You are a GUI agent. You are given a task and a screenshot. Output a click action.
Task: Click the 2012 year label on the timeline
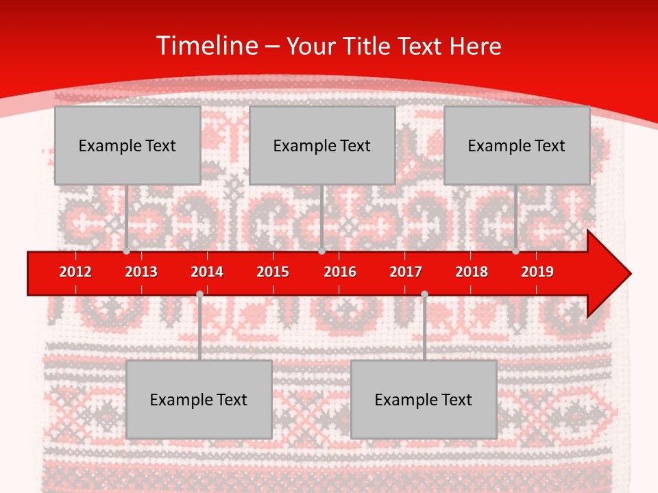tap(75, 272)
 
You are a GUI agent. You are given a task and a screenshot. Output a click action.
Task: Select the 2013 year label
tap(141, 272)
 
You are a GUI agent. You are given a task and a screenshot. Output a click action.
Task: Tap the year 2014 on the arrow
tap(207, 272)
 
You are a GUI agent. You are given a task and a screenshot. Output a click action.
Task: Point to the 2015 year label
tap(273, 272)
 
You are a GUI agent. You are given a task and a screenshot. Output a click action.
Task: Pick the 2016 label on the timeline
tap(340, 272)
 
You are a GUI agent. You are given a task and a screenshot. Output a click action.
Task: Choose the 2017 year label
tap(406, 272)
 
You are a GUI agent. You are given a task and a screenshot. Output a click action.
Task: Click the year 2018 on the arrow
tap(472, 272)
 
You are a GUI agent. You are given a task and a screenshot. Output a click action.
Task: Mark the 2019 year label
tap(537, 272)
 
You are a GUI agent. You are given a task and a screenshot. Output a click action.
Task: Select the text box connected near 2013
tap(127, 145)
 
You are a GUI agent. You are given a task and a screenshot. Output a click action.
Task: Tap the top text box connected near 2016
tap(322, 145)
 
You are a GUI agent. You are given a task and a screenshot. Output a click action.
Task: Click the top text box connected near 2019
tap(517, 145)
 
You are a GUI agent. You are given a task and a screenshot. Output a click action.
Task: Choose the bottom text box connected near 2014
tap(199, 399)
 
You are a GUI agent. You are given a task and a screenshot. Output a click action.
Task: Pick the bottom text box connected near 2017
tap(424, 399)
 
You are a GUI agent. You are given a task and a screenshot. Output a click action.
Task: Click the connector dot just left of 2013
tap(127, 251)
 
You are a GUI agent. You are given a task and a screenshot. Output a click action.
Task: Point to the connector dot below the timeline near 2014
tap(199, 294)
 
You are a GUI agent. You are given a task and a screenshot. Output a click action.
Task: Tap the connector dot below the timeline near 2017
tap(424, 294)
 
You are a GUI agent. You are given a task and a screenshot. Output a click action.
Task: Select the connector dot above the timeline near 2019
tap(515, 251)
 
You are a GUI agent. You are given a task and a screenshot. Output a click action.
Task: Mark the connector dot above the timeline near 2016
tap(321, 251)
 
